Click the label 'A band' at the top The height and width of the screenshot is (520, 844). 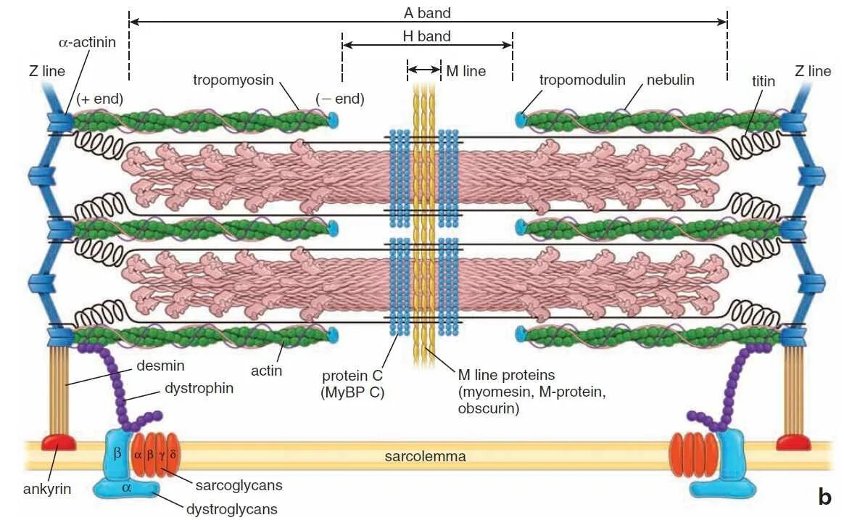(427, 12)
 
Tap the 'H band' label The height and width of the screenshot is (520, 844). (427, 36)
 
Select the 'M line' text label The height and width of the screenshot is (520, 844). (466, 70)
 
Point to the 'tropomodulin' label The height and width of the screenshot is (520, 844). (582, 80)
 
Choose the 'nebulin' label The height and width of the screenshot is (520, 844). (671, 80)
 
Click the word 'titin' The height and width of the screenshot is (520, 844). (763, 81)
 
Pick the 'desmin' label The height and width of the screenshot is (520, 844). (160, 366)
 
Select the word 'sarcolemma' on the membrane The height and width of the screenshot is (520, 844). (425, 456)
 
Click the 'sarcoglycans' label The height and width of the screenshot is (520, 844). (239, 485)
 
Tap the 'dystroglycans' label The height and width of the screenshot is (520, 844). (232, 509)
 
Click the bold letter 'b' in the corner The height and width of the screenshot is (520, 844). (824, 497)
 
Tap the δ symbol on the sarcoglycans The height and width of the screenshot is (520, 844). (173, 455)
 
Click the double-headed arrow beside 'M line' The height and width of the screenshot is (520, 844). (423, 70)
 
